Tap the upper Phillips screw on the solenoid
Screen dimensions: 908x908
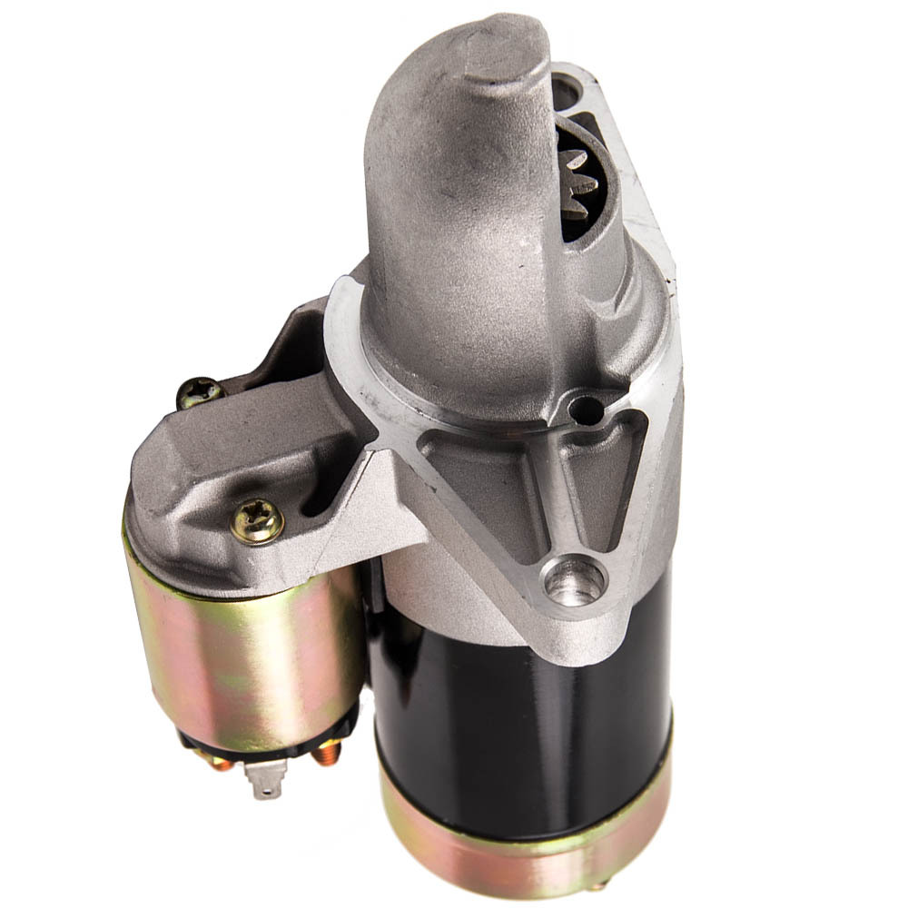click(200, 392)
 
